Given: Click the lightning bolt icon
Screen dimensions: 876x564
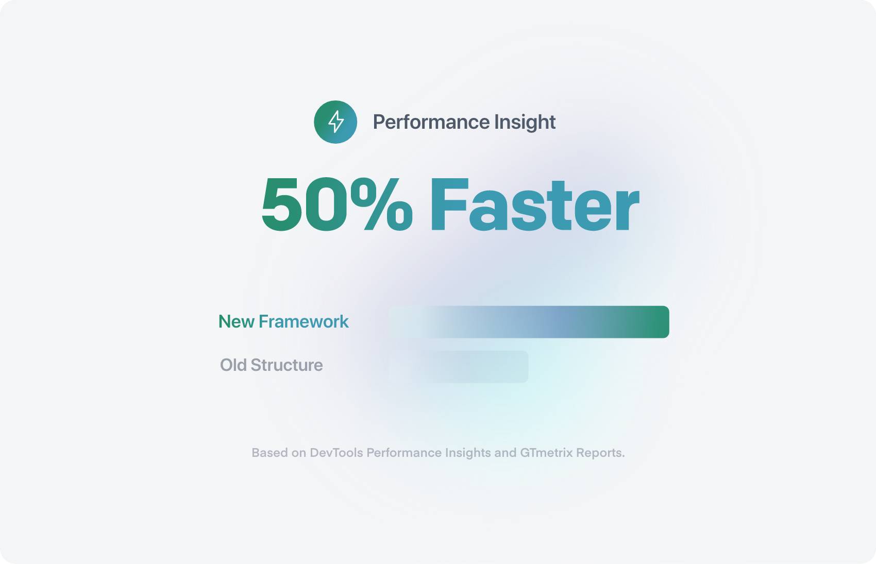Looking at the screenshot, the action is [x=335, y=122].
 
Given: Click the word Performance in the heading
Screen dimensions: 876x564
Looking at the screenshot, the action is [x=431, y=122].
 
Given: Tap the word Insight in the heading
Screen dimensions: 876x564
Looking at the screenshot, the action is [x=525, y=122].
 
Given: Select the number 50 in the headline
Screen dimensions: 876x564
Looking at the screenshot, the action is [x=304, y=204].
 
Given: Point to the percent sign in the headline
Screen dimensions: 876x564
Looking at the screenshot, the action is [x=381, y=204].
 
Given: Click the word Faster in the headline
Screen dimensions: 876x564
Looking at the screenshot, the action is [x=534, y=205].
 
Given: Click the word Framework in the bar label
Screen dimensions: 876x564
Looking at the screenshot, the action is [x=304, y=322].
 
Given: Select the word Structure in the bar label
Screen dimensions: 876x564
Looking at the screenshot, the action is [x=287, y=365].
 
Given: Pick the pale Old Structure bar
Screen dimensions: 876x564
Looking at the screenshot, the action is [x=477, y=367].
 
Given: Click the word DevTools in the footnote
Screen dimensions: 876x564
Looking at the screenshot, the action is [x=336, y=453].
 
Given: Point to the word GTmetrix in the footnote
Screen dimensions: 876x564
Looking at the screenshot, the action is [x=546, y=453].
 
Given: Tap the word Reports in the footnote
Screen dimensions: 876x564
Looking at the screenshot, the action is [x=600, y=453].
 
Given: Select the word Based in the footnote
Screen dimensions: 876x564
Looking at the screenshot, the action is [x=269, y=453].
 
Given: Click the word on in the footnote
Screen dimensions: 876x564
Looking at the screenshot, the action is [x=299, y=453].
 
